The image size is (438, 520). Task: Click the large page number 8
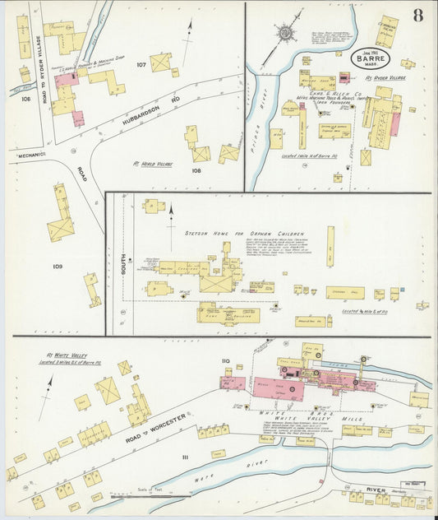(418, 16)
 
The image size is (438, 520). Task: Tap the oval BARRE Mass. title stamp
(371, 59)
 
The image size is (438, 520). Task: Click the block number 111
(185, 457)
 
